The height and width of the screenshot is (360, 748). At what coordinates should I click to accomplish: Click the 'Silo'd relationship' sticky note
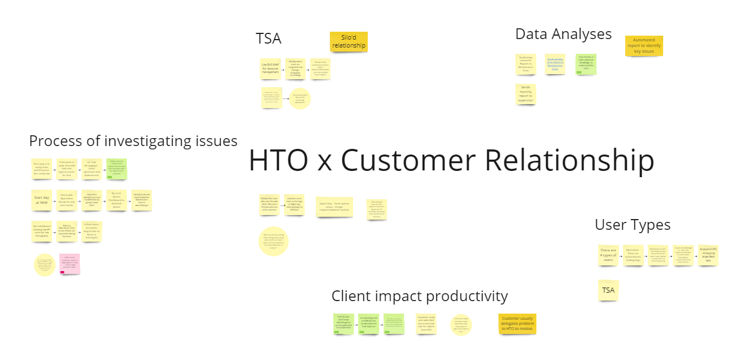349,41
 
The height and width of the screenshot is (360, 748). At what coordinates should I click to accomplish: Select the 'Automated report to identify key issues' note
644,46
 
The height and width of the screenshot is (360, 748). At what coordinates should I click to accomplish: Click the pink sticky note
70,263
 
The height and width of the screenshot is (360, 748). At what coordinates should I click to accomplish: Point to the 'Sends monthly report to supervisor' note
526,94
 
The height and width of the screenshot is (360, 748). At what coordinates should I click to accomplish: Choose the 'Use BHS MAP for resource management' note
270,68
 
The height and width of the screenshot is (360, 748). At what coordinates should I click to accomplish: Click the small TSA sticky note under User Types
608,290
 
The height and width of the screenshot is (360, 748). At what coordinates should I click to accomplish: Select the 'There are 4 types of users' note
608,255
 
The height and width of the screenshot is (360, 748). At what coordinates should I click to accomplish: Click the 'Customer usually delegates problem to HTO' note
517,323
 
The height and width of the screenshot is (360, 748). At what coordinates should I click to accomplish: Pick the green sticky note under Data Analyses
586,65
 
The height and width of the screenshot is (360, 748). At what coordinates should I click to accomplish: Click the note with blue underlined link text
555,65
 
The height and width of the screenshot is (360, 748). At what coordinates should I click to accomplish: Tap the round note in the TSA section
300,98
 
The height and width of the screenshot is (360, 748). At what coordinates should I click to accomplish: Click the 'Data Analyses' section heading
563,34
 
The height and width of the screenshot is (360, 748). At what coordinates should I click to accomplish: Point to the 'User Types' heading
632,225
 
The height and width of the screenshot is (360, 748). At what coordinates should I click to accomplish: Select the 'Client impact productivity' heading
419,296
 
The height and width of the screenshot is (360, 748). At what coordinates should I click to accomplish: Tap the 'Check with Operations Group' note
68,200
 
